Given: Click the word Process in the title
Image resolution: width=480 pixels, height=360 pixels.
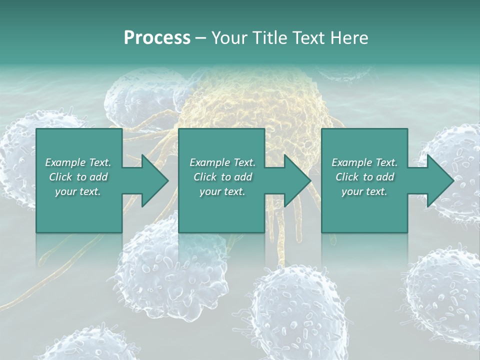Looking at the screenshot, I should click(157, 38).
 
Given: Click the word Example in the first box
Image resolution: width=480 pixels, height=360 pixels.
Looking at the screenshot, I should click(65, 162).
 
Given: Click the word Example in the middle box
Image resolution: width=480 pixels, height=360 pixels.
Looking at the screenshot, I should click(209, 162).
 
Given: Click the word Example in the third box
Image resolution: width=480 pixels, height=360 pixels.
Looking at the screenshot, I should click(351, 162).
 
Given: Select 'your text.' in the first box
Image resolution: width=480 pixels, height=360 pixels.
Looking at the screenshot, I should click(78, 191).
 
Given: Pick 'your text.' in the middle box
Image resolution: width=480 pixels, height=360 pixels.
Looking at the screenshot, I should click(222, 191).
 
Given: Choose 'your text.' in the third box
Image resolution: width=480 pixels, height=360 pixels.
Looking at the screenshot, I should click(364, 191).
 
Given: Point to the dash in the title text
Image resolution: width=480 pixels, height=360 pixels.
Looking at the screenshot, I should click(200, 38).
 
